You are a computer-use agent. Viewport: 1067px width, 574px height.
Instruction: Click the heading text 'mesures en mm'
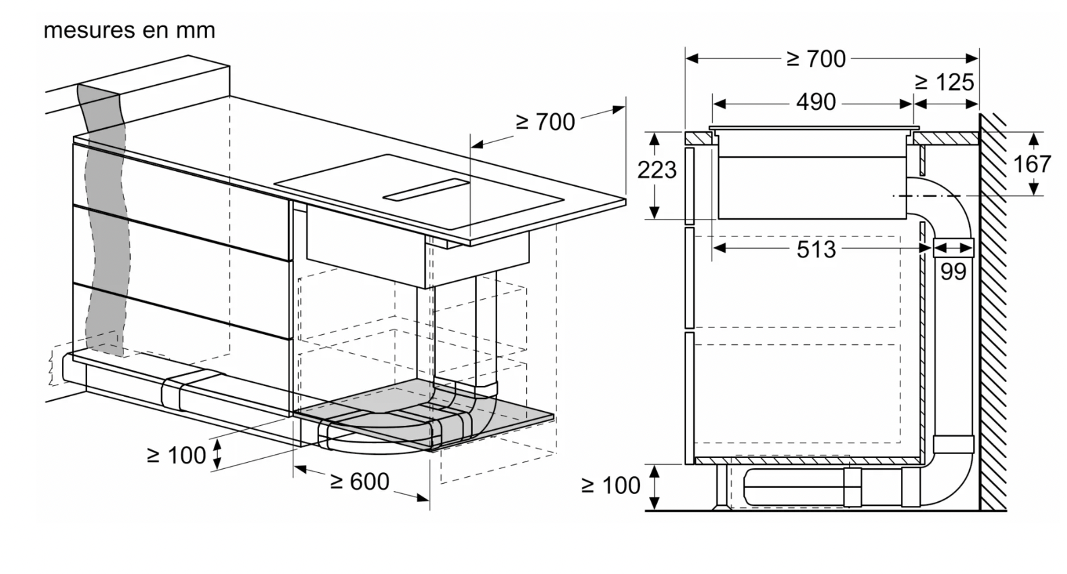click(129, 30)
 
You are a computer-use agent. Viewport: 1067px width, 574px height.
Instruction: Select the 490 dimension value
click(816, 102)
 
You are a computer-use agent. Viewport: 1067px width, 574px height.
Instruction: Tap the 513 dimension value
click(816, 249)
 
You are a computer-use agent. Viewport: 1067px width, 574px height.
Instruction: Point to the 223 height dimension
click(657, 170)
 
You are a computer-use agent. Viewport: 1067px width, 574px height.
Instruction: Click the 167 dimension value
click(1032, 164)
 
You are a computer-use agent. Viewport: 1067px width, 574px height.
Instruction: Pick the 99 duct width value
click(953, 272)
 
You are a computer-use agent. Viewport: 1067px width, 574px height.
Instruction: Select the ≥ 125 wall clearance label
click(944, 83)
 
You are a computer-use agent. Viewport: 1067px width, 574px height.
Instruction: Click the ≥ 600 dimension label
click(360, 482)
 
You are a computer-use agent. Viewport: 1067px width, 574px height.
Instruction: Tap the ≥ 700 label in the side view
click(816, 59)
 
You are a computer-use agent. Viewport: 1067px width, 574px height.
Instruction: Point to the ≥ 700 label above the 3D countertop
click(546, 122)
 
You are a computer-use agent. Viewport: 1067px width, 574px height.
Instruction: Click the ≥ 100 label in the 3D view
click(176, 455)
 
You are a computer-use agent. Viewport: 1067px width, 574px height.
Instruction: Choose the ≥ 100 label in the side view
click(610, 486)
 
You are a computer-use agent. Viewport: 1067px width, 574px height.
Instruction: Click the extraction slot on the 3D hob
click(426, 190)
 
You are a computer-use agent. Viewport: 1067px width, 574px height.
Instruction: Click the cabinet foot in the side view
click(722, 486)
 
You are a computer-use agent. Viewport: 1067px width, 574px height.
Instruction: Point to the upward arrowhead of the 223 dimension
click(655, 139)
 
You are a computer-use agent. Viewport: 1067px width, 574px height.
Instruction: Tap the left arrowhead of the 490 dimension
click(719, 104)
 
